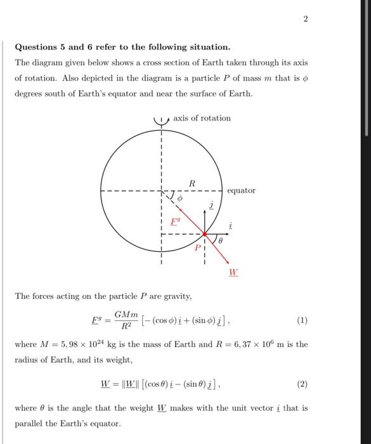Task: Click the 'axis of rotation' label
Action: [202, 118]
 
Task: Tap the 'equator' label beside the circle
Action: [241, 190]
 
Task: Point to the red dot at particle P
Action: [204, 234]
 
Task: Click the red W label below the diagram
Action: [233, 273]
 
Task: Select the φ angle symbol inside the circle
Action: [179, 199]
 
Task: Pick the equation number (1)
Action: [302, 320]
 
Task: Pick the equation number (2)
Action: [302, 384]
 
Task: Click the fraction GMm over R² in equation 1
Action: [127, 320]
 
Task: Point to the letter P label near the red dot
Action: [197, 247]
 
